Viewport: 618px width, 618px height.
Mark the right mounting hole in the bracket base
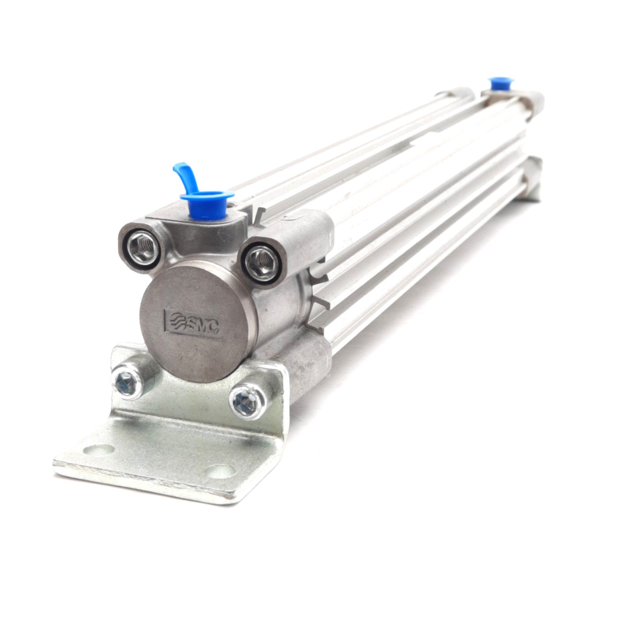pyautogui.click(x=219, y=470)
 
